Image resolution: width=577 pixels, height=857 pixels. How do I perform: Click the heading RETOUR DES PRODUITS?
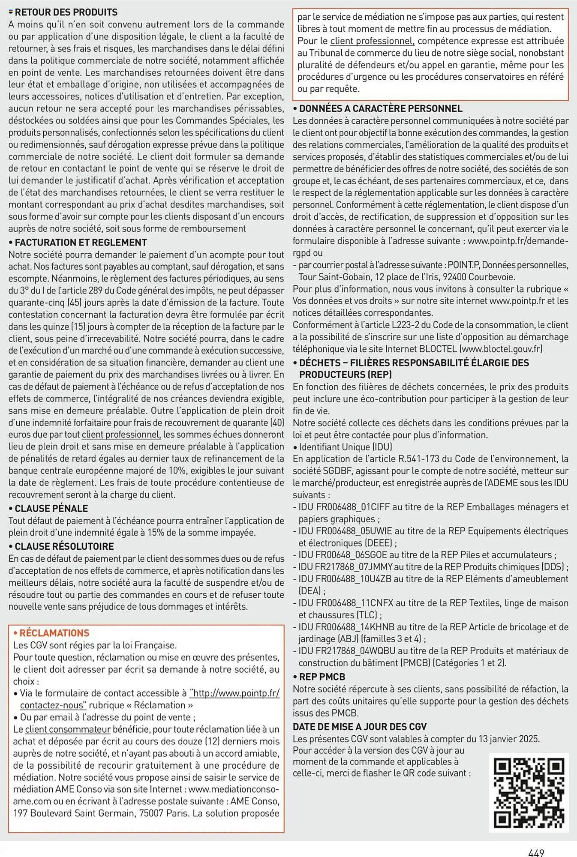66,12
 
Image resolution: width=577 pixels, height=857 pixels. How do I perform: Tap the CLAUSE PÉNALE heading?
51,509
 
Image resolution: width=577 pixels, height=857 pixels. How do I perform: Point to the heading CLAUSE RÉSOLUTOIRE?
64,546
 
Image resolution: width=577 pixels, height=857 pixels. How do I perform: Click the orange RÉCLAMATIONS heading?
54,633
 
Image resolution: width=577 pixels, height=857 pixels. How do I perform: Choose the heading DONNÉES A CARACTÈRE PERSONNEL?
381,109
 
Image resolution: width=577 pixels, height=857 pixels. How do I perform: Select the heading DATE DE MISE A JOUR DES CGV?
360,727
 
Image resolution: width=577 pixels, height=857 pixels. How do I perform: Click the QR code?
529,792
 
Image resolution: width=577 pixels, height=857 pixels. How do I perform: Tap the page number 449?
536,853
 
